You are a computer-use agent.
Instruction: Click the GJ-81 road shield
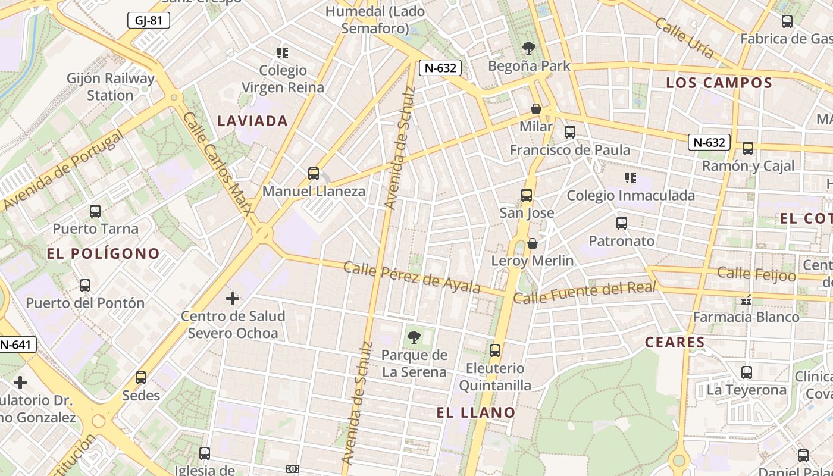pyautogui.click(x=149, y=21)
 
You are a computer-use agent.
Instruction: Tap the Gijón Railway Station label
pyautogui.click(x=110, y=87)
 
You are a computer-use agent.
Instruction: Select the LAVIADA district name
pyautogui.click(x=252, y=121)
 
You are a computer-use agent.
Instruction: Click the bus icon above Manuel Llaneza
pyautogui.click(x=314, y=174)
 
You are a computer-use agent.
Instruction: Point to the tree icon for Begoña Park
pyautogui.click(x=528, y=48)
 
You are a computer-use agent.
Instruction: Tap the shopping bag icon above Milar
pyautogui.click(x=536, y=109)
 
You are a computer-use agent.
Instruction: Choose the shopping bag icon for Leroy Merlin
pyautogui.click(x=533, y=243)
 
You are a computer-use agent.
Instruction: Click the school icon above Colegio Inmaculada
pyautogui.click(x=631, y=177)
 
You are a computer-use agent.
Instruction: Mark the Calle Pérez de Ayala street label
pyautogui.click(x=412, y=277)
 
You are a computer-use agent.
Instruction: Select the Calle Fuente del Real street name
pyautogui.click(x=584, y=293)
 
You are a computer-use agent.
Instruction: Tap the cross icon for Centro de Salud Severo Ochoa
pyautogui.click(x=233, y=298)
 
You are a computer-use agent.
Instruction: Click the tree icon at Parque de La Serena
pyautogui.click(x=414, y=337)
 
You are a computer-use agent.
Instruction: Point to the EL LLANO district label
pyautogui.click(x=475, y=412)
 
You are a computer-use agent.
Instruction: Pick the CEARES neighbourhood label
pyautogui.click(x=675, y=342)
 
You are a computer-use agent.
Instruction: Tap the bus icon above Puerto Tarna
pyautogui.click(x=95, y=211)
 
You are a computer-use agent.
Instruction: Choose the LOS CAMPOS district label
pyautogui.click(x=719, y=83)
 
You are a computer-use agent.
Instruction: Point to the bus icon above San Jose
pyautogui.click(x=527, y=195)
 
